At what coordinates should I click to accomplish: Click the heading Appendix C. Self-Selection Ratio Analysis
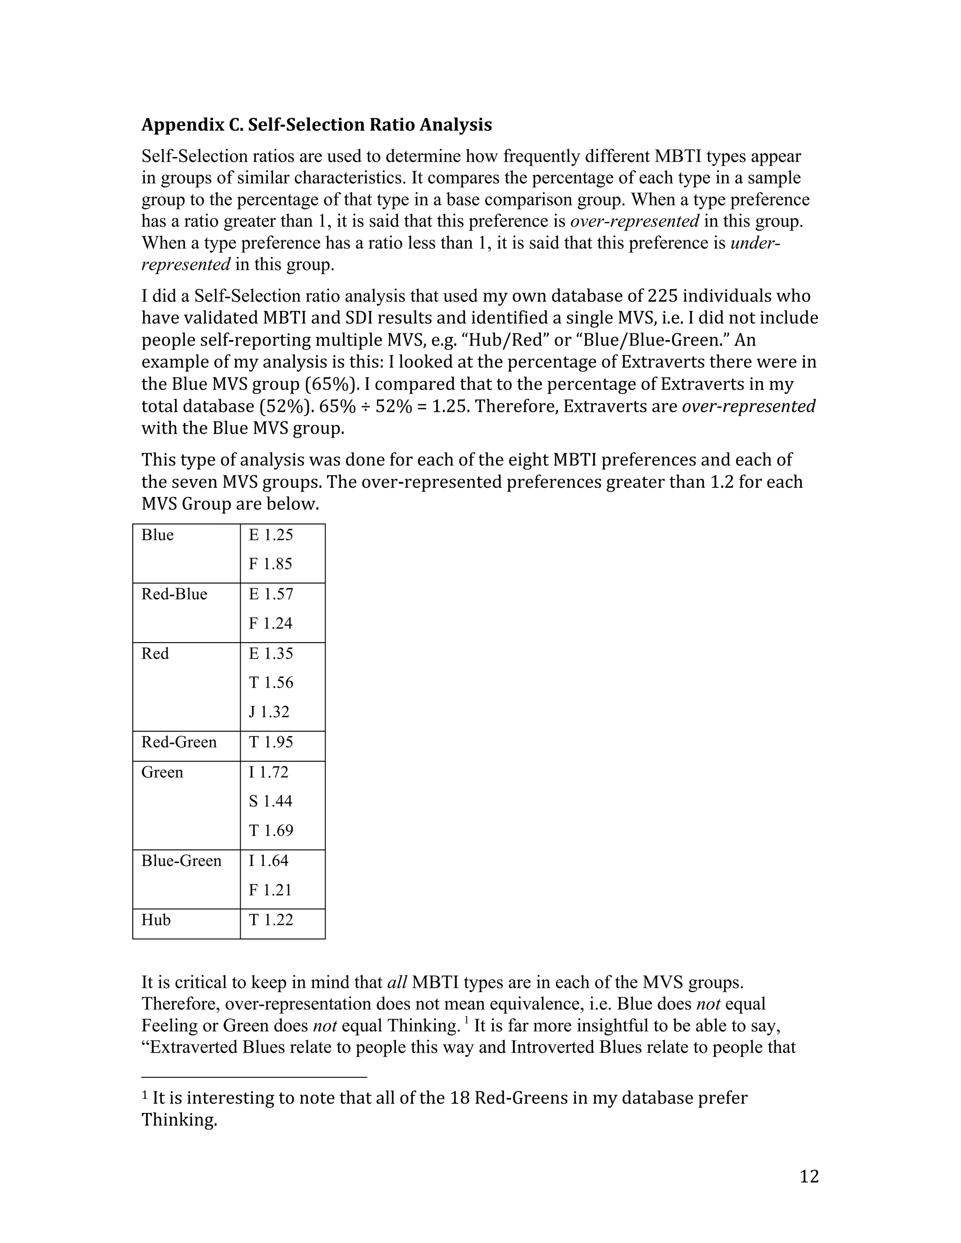(317, 125)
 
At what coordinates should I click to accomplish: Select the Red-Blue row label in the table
(174, 594)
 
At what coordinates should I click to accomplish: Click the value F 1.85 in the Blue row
(270, 564)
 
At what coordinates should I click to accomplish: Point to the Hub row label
(156, 920)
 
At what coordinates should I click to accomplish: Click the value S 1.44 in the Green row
(270, 801)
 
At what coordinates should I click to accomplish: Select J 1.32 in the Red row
(269, 712)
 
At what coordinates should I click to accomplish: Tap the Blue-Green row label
(181, 861)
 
